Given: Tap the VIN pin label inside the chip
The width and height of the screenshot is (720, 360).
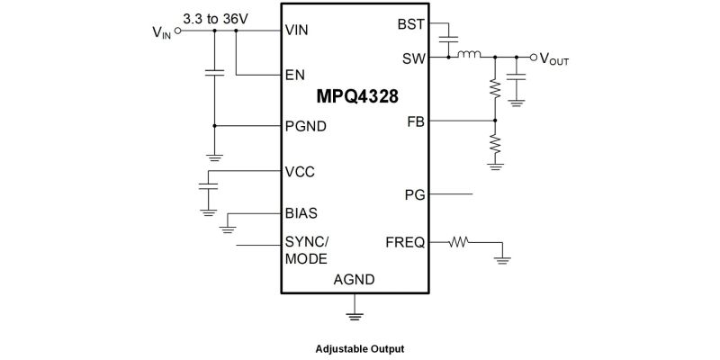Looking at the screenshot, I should (x=297, y=30).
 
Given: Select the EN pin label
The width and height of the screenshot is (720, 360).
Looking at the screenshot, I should (x=294, y=75).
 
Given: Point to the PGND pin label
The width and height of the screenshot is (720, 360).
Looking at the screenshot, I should (x=305, y=126).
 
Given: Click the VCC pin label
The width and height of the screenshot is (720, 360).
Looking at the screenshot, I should (x=300, y=171).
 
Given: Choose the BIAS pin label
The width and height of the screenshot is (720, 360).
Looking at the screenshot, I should (x=301, y=214).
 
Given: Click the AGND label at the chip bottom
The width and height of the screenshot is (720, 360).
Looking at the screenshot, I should (x=354, y=280).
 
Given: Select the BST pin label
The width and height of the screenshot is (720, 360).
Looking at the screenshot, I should (x=411, y=23).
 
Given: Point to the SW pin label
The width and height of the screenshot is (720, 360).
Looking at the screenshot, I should (x=414, y=58).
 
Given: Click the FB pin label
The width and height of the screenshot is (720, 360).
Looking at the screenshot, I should (x=416, y=121).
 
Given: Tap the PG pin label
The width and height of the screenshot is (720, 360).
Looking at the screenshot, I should (x=415, y=193).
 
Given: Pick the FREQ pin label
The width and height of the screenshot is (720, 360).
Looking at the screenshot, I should (x=405, y=242).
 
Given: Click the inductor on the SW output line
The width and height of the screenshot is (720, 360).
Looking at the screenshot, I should (x=469, y=57).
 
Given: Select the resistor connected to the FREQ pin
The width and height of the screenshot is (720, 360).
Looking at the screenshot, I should (x=460, y=241).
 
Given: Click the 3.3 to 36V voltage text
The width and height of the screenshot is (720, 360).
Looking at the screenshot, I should (x=215, y=18).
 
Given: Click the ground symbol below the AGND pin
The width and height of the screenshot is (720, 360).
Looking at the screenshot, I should (x=354, y=315).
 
